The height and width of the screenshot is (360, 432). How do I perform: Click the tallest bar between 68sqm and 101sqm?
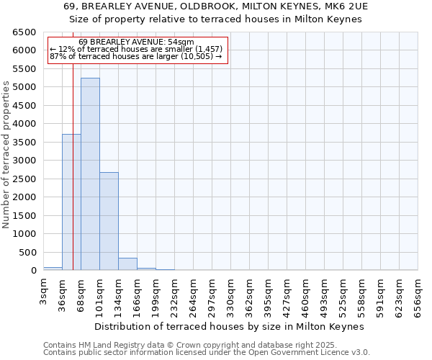pos(90,174)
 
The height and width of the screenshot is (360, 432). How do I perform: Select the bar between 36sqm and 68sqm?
pos(71,202)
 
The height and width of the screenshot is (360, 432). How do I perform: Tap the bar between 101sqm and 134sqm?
pos(109,221)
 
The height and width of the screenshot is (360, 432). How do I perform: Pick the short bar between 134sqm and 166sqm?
pos(127,264)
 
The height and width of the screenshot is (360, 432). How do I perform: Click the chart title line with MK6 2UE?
pos(216,6)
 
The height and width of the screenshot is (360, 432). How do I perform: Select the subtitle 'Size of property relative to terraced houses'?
pos(216,19)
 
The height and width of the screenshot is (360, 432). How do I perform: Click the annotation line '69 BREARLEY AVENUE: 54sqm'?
pos(137,42)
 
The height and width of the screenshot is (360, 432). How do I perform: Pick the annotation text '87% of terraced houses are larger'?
pos(137,57)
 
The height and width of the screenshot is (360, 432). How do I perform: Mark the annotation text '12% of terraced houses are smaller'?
pos(137,50)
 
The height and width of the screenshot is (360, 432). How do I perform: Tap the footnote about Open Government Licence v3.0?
pos(207,353)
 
